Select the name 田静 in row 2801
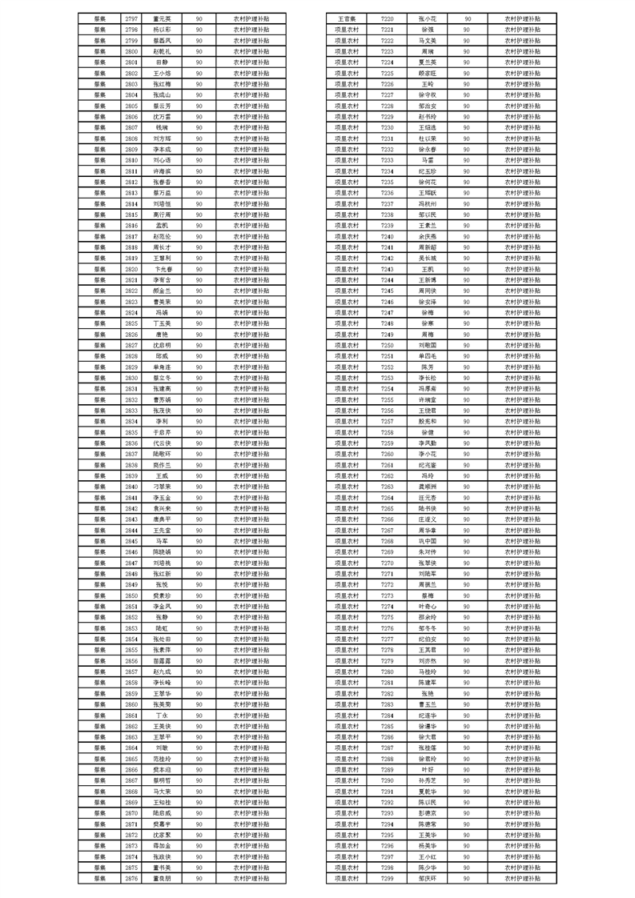[162, 61]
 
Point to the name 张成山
[162, 94]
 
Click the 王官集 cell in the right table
[347, 17]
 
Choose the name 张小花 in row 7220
[427, 17]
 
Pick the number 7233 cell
[387, 159]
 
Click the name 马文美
[427, 39]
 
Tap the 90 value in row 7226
[467, 82]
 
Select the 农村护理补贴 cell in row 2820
[251, 269]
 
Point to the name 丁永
[162, 714]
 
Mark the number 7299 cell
[387, 878]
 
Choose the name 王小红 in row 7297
[427, 856]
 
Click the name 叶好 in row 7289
[427, 769]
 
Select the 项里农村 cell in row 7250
[347, 344]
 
